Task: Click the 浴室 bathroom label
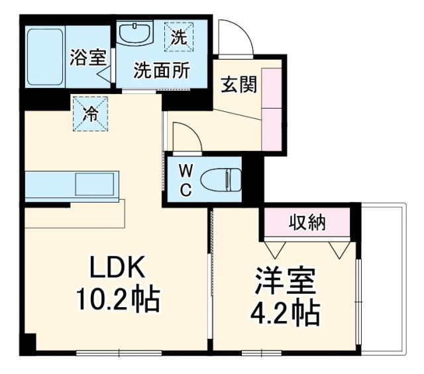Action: (x=87, y=56)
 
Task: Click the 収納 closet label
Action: (x=307, y=222)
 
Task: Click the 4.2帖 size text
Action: (x=285, y=311)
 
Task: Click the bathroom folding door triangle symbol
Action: (x=105, y=72)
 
